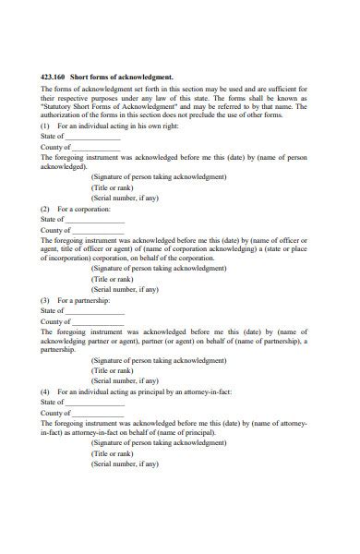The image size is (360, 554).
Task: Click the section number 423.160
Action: pos(54,77)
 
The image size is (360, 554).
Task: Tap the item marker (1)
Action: pos(45,125)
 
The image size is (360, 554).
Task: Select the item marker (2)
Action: pos(45,209)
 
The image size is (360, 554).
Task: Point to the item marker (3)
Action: pos(45,300)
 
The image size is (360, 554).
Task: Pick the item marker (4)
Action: pos(45,391)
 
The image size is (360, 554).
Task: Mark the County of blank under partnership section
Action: pos(96,321)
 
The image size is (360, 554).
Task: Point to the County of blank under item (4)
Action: pos(96,413)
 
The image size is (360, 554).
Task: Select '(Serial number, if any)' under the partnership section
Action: pos(126,380)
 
